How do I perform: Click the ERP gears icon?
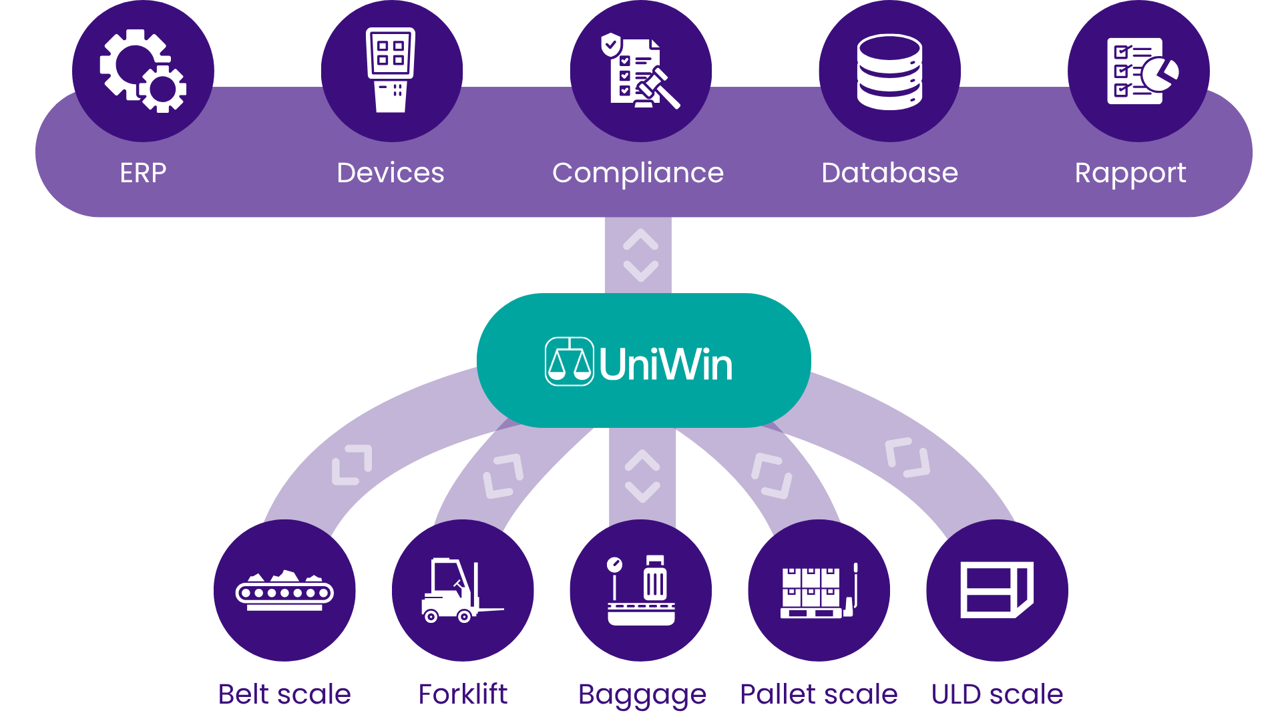click(x=143, y=71)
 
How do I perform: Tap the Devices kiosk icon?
click(x=391, y=70)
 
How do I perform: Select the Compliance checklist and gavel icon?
click(x=640, y=71)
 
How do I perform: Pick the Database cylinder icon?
click(x=889, y=71)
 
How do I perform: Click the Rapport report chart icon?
click(x=1142, y=71)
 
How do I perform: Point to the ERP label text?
click(x=143, y=173)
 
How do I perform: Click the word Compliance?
click(x=638, y=173)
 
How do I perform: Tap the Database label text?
click(x=889, y=173)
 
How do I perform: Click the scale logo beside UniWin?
click(x=570, y=362)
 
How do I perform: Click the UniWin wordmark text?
click(x=666, y=365)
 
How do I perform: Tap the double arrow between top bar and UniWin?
click(x=641, y=255)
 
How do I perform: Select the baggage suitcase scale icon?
click(x=641, y=590)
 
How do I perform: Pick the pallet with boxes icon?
click(x=819, y=591)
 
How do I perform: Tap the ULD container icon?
click(x=997, y=589)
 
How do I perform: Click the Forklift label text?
click(x=463, y=694)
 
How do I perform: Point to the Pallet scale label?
click(x=819, y=694)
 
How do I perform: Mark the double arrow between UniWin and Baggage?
click(x=642, y=476)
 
